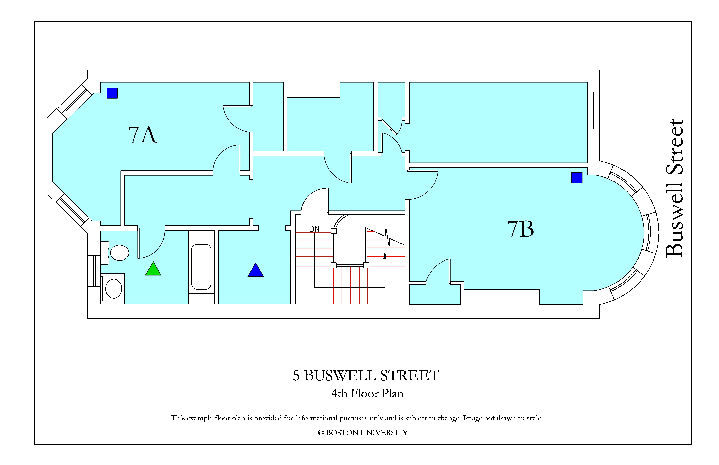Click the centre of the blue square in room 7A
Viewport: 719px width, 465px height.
click(112, 93)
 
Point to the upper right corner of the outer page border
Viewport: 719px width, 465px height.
click(691, 22)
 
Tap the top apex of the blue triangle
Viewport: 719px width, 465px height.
click(256, 263)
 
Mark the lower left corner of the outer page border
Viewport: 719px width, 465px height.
click(35, 444)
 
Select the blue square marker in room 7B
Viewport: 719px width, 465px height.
click(577, 178)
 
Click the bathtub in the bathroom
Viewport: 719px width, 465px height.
click(201, 267)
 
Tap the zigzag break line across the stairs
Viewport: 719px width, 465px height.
click(385, 237)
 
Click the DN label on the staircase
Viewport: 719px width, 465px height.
click(314, 229)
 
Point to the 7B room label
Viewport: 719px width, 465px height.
click(520, 229)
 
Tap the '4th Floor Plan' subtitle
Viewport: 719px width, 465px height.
click(367, 393)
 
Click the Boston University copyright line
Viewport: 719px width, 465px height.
click(363, 433)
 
